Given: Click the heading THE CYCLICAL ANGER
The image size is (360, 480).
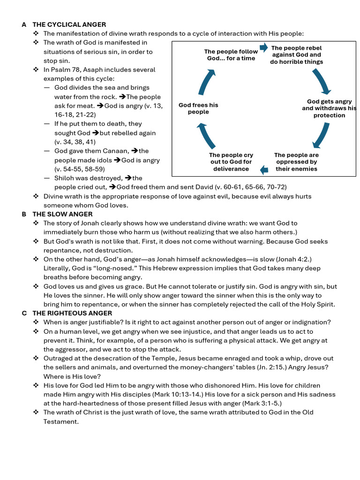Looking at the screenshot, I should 69,24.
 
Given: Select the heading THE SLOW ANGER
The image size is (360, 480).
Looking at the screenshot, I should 62,214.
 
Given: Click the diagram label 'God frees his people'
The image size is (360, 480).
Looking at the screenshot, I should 198,108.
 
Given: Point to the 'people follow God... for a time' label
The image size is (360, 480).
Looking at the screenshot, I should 231,55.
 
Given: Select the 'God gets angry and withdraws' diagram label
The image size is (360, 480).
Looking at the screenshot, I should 329,108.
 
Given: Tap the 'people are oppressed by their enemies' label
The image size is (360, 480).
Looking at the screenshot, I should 296,162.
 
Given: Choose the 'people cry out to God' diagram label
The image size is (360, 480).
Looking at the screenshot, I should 231,162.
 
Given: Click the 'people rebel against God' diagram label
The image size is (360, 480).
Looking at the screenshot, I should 296,55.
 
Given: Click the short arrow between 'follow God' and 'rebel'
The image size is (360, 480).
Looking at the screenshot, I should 263,47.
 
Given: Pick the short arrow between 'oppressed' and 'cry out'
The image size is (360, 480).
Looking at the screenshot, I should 264,170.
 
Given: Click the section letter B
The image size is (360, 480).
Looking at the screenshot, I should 24,214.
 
